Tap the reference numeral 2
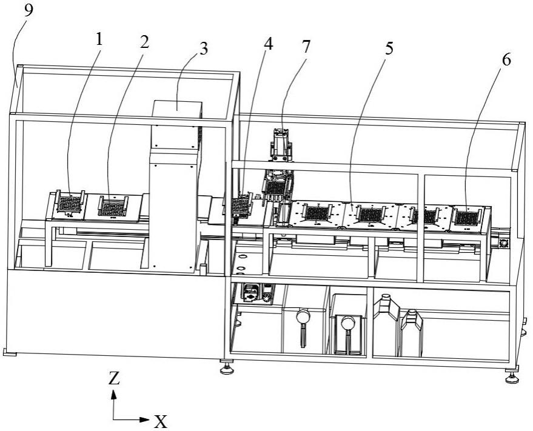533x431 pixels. coord(144,42)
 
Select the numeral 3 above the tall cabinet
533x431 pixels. coord(203,49)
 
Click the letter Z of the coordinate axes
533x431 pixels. coord(113,379)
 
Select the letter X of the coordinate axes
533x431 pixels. coord(160,421)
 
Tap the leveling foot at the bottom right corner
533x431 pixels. coord(512,378)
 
